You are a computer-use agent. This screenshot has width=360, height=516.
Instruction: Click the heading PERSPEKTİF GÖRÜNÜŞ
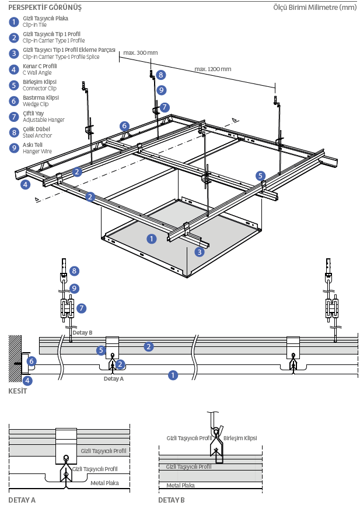[x=45, y=8]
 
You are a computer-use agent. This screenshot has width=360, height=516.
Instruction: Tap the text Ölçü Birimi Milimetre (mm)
[x=314, y=8]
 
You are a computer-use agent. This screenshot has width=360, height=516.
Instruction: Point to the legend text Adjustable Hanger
[x=44, y=120]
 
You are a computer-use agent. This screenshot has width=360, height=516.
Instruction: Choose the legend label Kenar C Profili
[x=40, y=66]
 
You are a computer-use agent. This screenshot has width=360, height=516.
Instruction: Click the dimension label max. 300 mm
[x=141, y=53]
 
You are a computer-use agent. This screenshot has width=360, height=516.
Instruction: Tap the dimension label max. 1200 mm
[x=213, y=69]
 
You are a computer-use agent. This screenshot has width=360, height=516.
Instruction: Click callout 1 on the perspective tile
[x=151, y=238]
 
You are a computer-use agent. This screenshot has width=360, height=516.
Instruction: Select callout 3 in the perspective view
[x=200, y=252]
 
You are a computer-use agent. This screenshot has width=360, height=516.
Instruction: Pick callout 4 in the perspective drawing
[x=25, y=185]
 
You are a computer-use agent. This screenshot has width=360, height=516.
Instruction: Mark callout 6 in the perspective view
[x=124, y=125]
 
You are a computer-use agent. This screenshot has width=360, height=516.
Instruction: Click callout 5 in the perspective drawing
[x=260, y=175]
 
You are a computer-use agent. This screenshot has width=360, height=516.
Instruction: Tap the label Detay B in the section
[x=82, y=332]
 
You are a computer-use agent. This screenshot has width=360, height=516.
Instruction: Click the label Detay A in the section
[x=114, y=378]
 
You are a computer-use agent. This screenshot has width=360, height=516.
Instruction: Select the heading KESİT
[x=18, y=391]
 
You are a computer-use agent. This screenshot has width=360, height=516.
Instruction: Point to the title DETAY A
[x=22, y=500]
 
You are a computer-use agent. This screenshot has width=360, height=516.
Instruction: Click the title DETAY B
[x=172, y=500]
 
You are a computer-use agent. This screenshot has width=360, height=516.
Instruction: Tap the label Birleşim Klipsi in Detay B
[x=240, y=438]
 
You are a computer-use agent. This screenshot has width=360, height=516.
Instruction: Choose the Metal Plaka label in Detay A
[x=104, y=482]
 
